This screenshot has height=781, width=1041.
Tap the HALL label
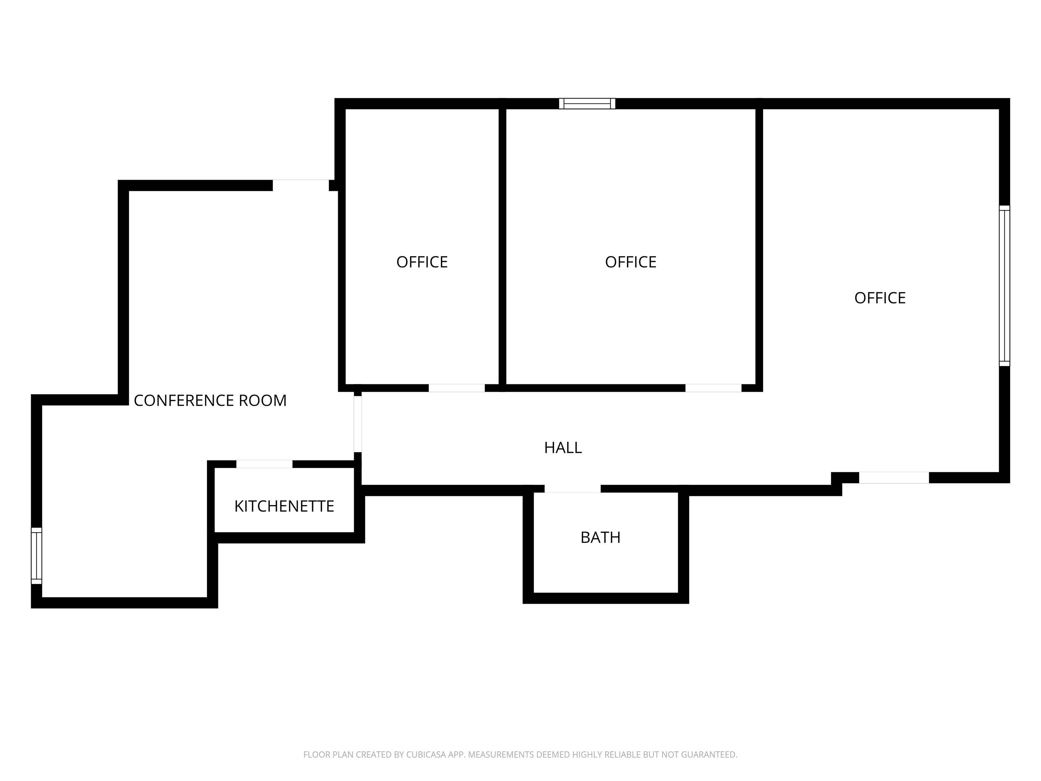click(563, 448)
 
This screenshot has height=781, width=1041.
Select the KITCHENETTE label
click(284, 506)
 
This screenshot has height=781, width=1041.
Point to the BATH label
click(600, 538)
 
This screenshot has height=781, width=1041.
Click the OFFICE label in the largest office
click(880, 298)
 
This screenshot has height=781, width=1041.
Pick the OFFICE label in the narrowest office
click(422, 262)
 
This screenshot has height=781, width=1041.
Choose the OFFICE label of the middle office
click(631, 262)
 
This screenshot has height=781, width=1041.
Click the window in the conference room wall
click(36, 556)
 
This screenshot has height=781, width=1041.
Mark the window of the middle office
click(587, 104)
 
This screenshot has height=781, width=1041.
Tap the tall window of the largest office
click(1004, 286)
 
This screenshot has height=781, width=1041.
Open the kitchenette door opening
click(264, 464)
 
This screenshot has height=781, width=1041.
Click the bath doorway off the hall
click(573, 489)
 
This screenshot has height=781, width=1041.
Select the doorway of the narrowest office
click(456, 388)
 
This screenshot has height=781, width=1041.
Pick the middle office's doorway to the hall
click(713, 388)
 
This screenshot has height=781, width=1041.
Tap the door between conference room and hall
click(358, 424)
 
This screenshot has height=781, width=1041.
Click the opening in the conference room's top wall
click(301, 185)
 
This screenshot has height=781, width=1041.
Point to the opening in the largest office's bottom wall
click(894, 477)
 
